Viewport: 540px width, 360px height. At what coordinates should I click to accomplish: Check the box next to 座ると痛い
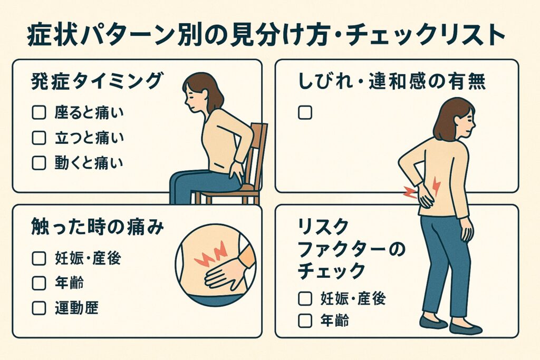pyautogui.click(x=39, y=113)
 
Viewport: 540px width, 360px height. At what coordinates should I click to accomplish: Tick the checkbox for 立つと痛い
pyautogui.click(x=39, y=138)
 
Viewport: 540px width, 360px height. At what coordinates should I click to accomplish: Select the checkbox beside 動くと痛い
pyautogui.click(x=39, y=163)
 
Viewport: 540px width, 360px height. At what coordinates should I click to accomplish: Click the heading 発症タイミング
pyautogui.click(x=97, y=82)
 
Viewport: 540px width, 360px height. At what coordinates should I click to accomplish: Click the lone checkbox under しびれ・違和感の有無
pyautogui.click(x=305, y=113)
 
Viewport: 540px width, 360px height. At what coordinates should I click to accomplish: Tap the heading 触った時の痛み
pyautogui.click(x=98, y=227)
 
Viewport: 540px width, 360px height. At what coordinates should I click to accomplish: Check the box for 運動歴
pyautogui.click(x=39, y=308)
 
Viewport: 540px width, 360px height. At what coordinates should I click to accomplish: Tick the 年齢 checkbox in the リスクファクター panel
pyautogui.click(x=305, y=320)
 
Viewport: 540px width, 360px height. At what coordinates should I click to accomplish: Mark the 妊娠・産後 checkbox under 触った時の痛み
pyautogui.click(x=39, y=258)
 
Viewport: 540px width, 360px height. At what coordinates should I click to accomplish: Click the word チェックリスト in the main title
pyautogui.click(x=426, y=35)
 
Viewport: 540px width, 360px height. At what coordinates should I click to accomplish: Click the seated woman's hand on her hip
pyautogui.click(x=237, y=171)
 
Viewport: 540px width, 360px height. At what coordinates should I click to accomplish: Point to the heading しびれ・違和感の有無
pyautogui.click(x=392, y=82)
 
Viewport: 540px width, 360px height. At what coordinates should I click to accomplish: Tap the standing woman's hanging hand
pyautogui.click(x=467, y=229)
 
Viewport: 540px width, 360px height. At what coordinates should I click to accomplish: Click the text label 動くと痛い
pyautogui.click(x=89, y=163)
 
